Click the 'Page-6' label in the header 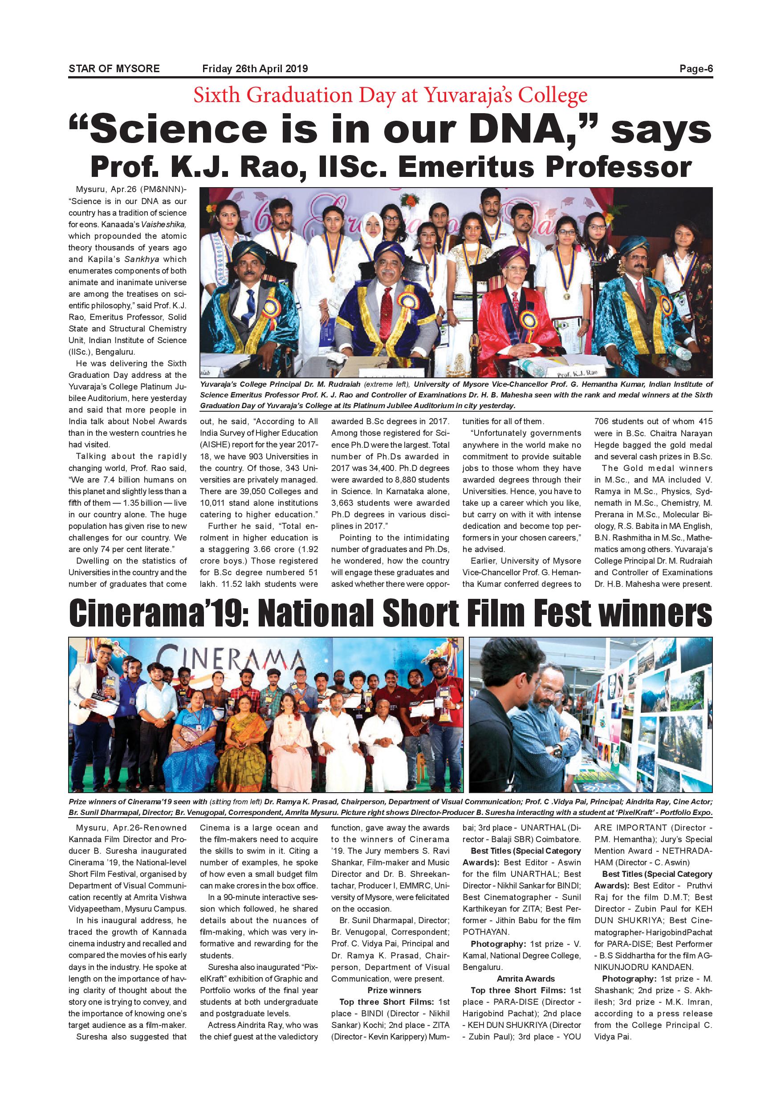point(696,69)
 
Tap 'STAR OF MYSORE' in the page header point(114,69)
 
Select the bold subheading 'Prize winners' point(395,990)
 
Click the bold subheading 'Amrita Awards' point(525,979)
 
